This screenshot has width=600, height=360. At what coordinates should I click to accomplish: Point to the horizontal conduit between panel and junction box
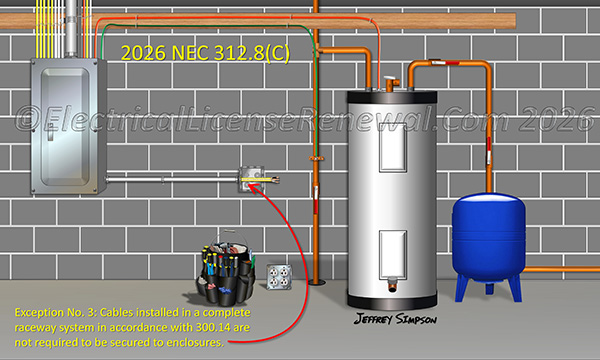click(170, 181)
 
